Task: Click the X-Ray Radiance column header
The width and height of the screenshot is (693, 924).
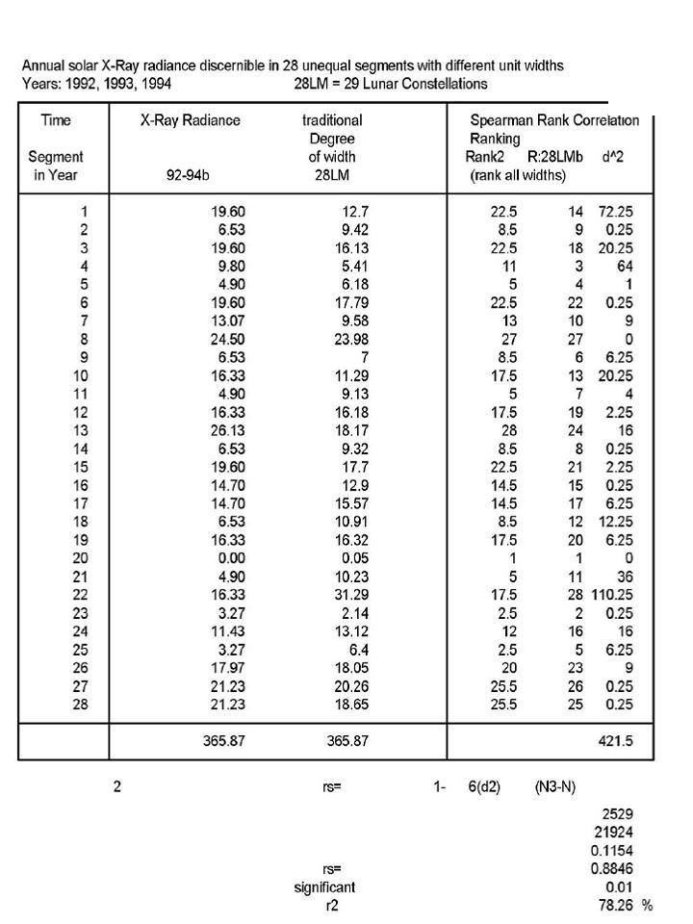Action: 190,120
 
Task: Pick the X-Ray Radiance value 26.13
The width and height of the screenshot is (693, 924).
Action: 228,428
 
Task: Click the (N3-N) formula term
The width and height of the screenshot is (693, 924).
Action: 555,786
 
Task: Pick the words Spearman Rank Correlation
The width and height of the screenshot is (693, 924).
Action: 553,120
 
